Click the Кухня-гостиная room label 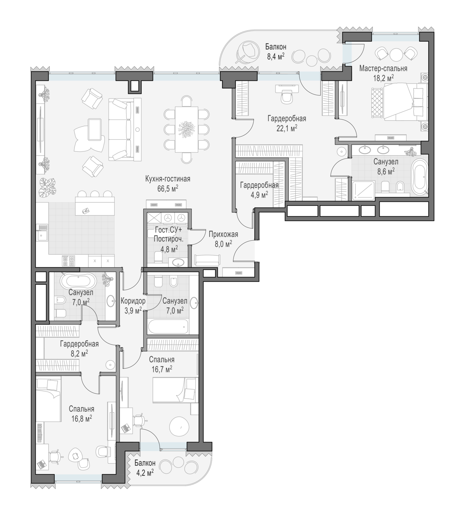click(167, 179)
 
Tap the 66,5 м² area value click(168, 189)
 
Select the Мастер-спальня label click(383, 68)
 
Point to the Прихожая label click(223, 234)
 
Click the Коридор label click(133, 301)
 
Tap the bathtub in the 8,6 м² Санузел click(419, 178)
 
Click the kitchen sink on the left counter click(42, 233)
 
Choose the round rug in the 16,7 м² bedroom click(179, 427)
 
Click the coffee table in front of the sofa click(95, 130)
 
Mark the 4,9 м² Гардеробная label click(259, 190)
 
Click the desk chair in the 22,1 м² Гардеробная click(287, 98)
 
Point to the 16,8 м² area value click(81, 419)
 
